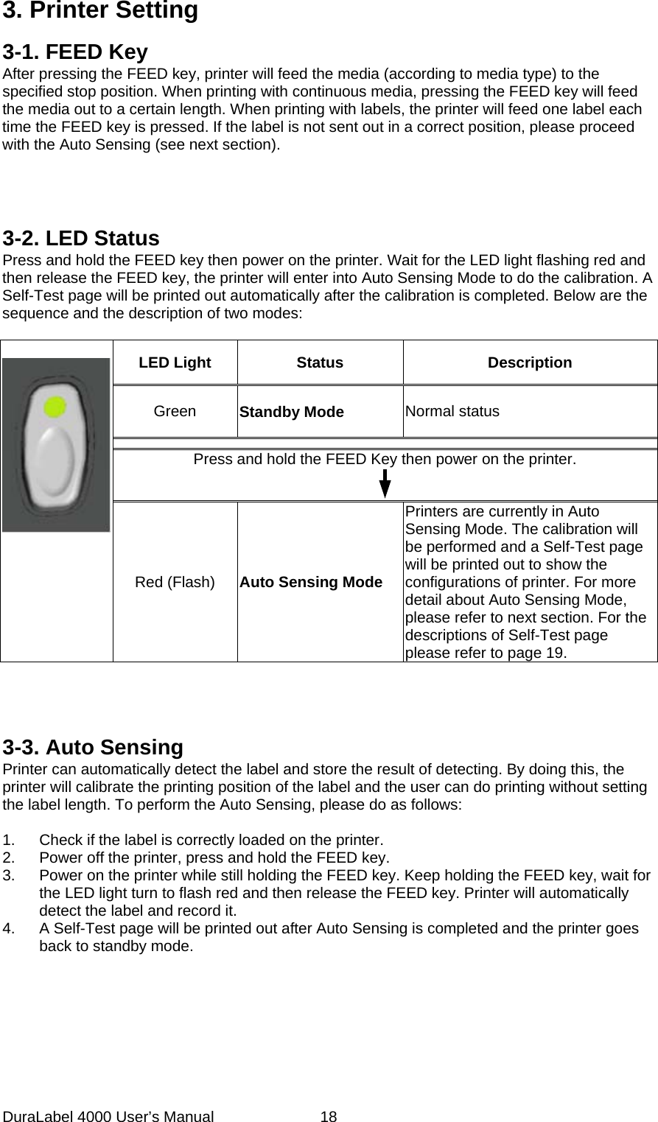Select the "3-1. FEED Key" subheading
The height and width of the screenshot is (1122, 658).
[x=75, y=52]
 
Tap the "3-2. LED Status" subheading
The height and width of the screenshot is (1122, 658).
[x=81, y=239]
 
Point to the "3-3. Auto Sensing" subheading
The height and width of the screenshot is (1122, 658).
[x=93, y=748]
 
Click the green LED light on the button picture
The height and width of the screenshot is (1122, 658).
[x=54, y=406]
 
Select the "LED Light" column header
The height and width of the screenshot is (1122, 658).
[x=175, y=362]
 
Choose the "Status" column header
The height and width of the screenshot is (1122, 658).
[x=320, y=362]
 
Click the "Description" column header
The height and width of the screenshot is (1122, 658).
[x=530, y=362]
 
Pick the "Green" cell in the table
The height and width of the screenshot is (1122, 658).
[x=175, y=411]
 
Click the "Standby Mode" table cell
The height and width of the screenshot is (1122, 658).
[x=291, y=412]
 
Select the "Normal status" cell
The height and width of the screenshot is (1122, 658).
[x=451, y=411]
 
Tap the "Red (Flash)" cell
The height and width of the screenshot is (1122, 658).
[x=175, y=582]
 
